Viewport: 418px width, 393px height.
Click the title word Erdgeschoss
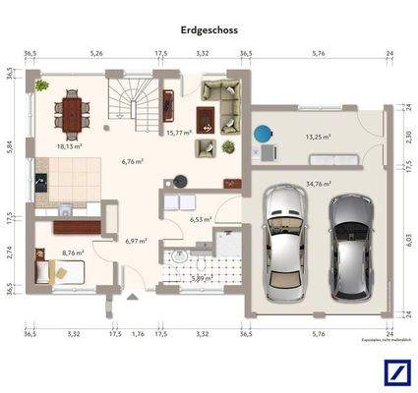[209, 30]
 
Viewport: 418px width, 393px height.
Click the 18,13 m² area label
[70, 145]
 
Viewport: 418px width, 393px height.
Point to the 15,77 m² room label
[178, 133]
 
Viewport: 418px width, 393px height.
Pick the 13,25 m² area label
[318, 139]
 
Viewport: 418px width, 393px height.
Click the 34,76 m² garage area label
[318, 183]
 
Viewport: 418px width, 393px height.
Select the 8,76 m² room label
[73, 253]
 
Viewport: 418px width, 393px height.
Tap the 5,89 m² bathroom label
[201, 278]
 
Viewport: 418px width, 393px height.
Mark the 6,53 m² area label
[202, 220]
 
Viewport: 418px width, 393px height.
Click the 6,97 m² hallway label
[136, 240]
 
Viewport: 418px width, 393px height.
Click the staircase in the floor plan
[130, 104]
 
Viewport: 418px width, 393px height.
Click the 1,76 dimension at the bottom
[137, 334]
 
